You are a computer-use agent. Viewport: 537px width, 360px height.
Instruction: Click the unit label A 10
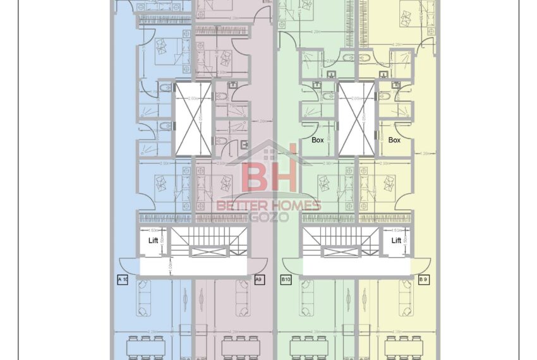[x=123, y=279]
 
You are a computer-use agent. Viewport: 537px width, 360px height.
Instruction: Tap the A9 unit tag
[x=258, y=279]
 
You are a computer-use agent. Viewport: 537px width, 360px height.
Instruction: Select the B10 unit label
[x=286, y=279]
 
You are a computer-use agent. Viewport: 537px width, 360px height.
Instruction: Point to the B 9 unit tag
[x=423, y=279]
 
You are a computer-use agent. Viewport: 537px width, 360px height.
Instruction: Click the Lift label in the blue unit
[x=153, y=241]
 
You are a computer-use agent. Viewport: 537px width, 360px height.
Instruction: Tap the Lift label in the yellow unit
[x=396, y=241]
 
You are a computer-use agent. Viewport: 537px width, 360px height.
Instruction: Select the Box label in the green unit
[x=318, y=140]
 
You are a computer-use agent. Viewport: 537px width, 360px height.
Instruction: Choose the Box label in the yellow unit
[x=394, y=140]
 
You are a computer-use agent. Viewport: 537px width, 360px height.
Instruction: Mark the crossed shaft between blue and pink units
[x=193, y=119]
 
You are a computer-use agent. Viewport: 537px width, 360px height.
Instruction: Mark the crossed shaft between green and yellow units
[x=356, y=119]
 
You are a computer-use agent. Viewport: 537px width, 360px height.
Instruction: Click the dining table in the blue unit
[x=146, y=347]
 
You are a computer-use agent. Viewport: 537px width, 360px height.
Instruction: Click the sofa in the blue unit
[x=146, y=297]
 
